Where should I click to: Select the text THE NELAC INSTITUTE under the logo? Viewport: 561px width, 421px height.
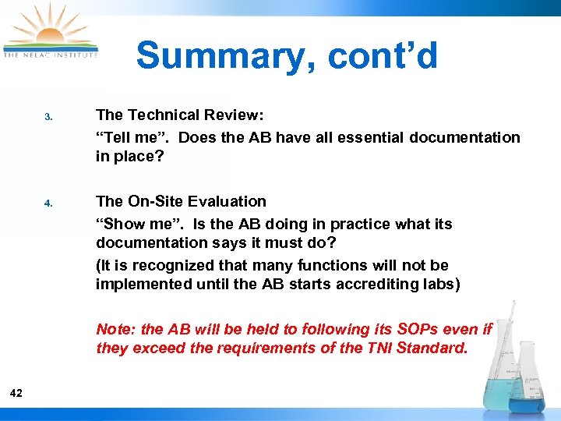51,55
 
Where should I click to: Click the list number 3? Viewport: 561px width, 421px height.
48,118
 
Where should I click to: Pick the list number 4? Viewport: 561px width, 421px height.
48,204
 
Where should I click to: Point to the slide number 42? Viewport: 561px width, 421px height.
16,393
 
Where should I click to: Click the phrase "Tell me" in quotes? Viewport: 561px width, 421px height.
125,137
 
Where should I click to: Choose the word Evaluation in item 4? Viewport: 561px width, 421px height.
228,201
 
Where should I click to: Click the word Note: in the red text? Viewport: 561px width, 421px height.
115,329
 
